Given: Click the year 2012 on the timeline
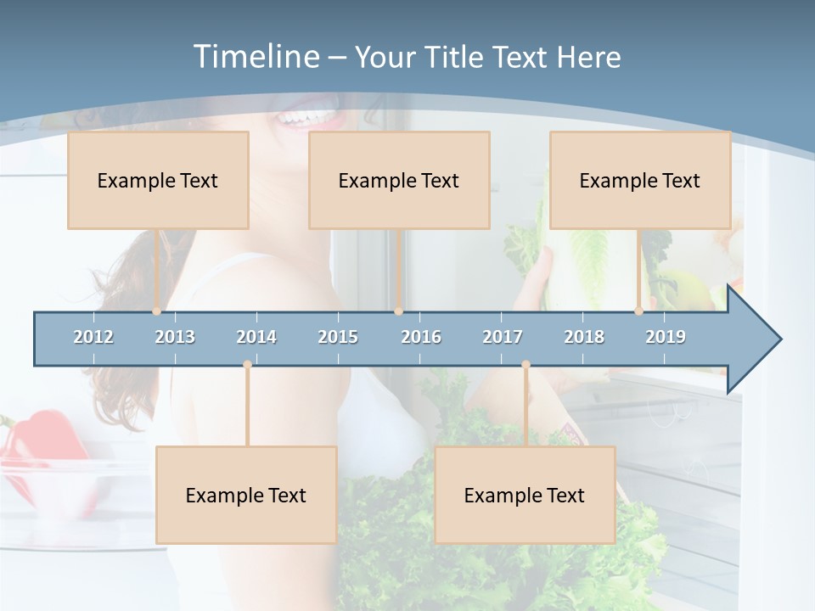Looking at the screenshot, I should [x=93, y=337].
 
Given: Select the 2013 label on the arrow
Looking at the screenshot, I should [x=175, y=337].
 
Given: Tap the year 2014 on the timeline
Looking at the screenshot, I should [x=256, y=337].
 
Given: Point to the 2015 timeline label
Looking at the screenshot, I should [x=338, y=337].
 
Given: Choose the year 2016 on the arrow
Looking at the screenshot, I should [x=421, y=337].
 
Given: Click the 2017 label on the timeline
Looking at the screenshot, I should [x=503, y=337].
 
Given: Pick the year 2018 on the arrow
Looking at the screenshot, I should [x=584, y=337].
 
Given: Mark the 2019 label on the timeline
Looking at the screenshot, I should [x=666, y=337].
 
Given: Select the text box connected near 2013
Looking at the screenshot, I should [x=158, y=180].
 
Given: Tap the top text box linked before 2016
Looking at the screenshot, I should [x=399, y=180].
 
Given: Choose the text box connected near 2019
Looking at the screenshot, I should [x=640, y=180].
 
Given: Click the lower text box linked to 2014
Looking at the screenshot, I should [x=246, y=495].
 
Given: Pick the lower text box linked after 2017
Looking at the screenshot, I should [x=525, y=495].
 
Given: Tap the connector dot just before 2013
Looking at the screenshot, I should [x=156, y=311].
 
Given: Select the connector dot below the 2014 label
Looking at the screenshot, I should [x=247, y=365].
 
